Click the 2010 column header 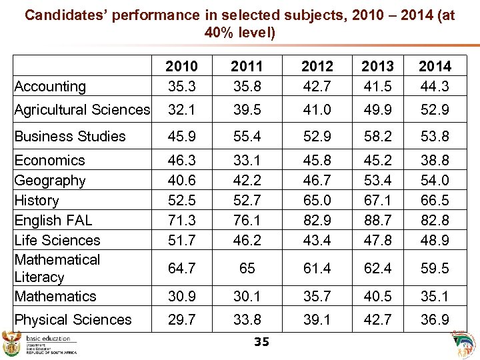[181, 66]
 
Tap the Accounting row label [50, 86]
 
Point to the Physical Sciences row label [73, 319]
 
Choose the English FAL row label [53, 220]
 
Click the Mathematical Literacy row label [57, 268]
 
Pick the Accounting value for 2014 [435, 86]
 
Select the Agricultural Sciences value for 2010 [181, 109]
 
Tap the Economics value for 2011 [247, 160]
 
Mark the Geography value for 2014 [435, 180]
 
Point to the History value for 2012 [317, 200]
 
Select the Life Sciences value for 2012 [317, 240]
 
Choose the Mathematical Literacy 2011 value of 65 [247, 268]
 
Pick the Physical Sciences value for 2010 [181, 319]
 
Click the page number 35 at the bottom [261, 342]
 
